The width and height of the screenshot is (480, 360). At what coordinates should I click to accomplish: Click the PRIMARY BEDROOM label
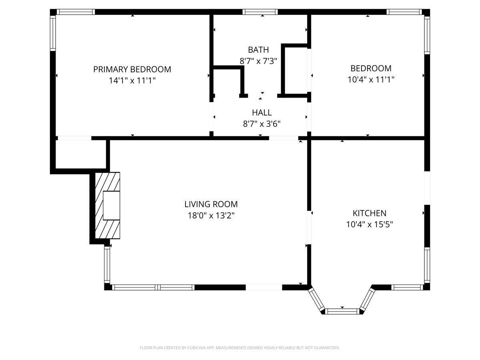coord(132,69)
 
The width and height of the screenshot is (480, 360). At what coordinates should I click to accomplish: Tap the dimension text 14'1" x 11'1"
coord(132,80)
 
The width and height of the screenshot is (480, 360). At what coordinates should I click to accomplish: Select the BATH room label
coord(258,50)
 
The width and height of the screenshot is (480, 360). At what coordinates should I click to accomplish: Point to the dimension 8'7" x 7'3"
coord(258,61)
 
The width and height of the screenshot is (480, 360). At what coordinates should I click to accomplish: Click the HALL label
coord(262,112)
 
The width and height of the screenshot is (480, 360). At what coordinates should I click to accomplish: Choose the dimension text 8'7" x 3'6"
coord(262,124)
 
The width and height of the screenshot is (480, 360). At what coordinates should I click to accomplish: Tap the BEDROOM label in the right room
coord(371,68)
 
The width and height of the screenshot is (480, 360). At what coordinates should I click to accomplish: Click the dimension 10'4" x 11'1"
coord(371,79)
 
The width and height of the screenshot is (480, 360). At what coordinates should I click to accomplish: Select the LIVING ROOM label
coord(211,204)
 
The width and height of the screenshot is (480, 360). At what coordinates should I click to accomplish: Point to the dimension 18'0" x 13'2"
coord(211,215)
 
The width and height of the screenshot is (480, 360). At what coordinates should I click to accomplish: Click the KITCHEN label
coord(369,213)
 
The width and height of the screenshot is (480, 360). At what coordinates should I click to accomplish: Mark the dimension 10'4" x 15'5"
coord(369,224)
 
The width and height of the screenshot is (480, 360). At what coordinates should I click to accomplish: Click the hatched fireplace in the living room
coord(107,206)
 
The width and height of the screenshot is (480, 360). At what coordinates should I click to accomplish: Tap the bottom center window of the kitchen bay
coord(342,311)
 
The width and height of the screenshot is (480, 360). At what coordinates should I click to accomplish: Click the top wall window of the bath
coord(260,12)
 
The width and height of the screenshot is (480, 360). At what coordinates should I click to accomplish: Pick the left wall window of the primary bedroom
coord(53,33)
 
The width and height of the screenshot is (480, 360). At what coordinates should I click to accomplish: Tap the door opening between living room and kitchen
coord(309,227)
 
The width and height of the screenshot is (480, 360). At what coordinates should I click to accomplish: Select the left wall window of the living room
coord(107,264)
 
